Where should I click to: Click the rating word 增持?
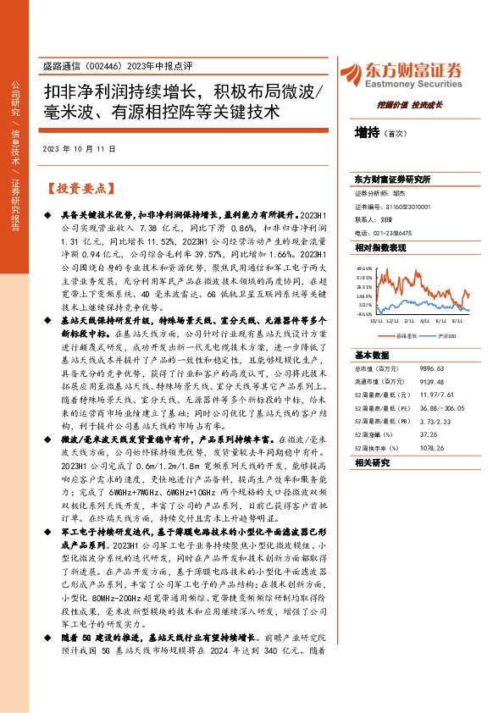tap(368, 132)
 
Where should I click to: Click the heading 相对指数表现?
tap(381, 247)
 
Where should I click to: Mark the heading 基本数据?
tap(371, 355)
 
